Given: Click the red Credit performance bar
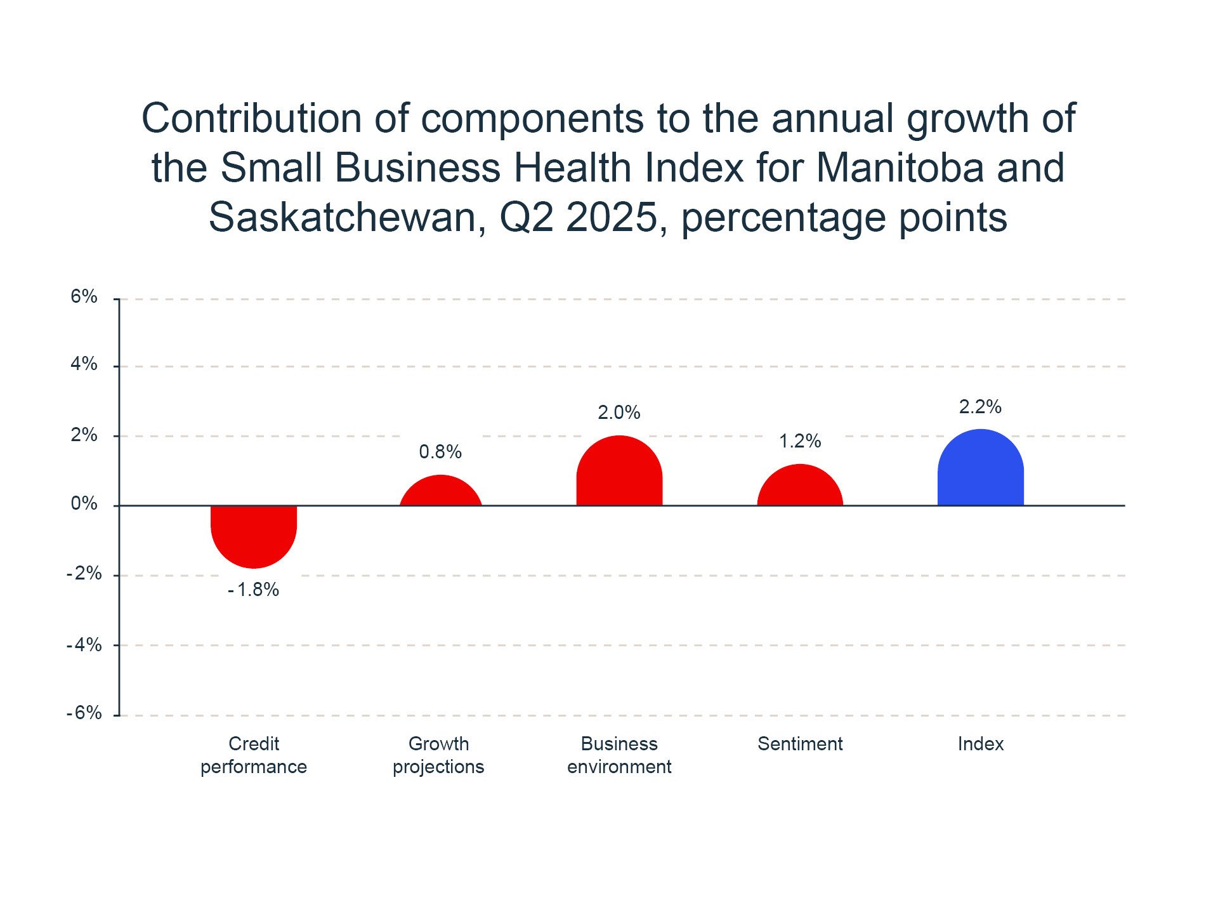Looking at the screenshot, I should [254, 535].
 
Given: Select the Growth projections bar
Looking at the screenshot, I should [440, 492].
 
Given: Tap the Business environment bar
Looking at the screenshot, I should [619, 472].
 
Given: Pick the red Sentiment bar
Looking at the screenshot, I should [800, 486].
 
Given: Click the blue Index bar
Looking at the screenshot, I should [980, 468].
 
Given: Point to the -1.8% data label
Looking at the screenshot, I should [254, 590].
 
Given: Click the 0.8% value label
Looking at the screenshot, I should [440, 452].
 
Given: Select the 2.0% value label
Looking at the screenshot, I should [619, 413].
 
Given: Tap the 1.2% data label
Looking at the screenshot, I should [800, 441].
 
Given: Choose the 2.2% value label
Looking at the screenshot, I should [980, 407].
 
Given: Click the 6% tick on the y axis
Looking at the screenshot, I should [84, 296].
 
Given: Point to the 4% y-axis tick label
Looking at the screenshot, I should [84, 364].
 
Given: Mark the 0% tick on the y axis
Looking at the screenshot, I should [84, 504].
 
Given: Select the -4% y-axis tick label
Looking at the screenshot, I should [84, 645].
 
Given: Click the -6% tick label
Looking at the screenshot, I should [84, 713].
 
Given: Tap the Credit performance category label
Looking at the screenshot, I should [254, 755].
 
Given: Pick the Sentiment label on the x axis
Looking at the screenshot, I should [800, 744].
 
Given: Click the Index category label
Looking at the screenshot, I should [980, 744].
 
